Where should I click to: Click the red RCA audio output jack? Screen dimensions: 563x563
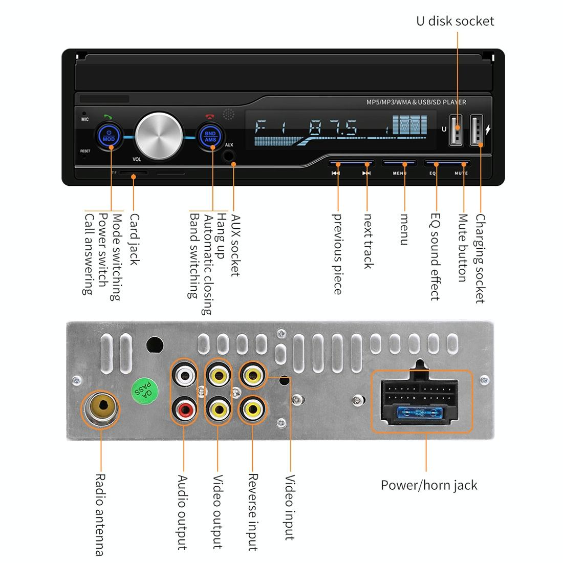point(184,409)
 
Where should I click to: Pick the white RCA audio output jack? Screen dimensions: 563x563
point(184,376)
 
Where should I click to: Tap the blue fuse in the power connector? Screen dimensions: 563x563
point(420,412)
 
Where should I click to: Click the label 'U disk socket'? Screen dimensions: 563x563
point(455,21)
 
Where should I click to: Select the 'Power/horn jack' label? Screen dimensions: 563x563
point(429,485)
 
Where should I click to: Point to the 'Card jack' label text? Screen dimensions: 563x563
point(134,239)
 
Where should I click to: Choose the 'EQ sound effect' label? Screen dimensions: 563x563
point(435,256)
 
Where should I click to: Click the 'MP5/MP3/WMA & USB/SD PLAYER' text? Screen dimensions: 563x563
point(416,102)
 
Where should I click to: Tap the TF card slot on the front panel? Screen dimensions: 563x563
point(134,174)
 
